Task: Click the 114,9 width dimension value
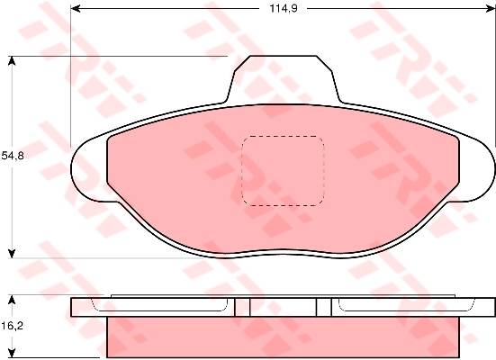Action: click(284, 8)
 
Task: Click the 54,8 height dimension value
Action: click(13, 156)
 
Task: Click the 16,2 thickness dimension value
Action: click(13, 326)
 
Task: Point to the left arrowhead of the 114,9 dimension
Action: click(76, 8)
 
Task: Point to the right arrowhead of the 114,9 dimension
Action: click(490, 8)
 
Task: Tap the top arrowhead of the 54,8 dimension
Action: click(12, 60)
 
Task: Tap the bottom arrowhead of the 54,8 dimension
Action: click(12, 254)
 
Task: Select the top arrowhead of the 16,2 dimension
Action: click(12, 301)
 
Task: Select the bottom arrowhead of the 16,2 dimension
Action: click(12, 353)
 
